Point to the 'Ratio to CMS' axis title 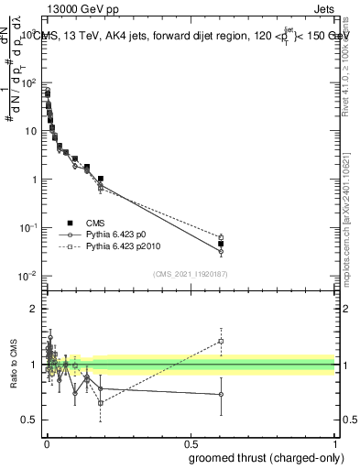pos(12,365)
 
